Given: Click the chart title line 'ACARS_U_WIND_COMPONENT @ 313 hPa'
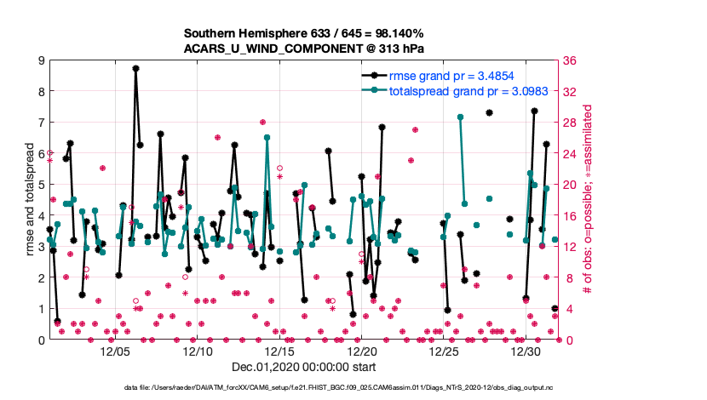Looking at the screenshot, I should click(x=304, y=49).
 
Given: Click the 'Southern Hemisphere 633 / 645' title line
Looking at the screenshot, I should click(x=304, y=34).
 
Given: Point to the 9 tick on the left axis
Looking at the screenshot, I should click(x=41, y=60).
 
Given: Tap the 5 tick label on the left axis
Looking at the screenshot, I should click(x=41, y=185).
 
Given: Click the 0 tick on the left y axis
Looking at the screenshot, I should click(x=41, y=340).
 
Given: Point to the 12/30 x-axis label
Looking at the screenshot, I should click(x=526, y=351).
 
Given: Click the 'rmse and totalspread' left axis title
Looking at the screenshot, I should click(x=26, y=200).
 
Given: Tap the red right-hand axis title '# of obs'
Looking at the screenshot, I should click(x=588, y=200).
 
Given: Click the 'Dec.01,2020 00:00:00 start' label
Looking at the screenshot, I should click(x=304, y=367).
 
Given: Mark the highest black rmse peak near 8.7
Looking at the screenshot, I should click(x=135, y=68).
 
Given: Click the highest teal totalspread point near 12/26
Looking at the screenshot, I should click(x=460, y=117).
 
